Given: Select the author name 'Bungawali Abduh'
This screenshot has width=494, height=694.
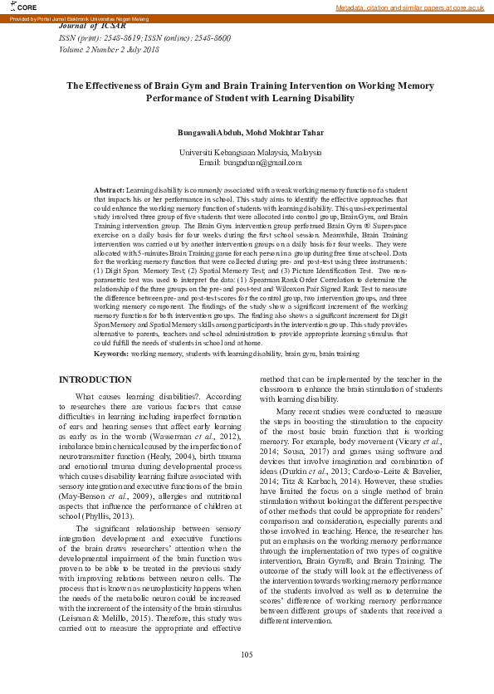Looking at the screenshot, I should pos(209,133).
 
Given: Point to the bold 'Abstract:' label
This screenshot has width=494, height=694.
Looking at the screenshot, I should pos(110,191).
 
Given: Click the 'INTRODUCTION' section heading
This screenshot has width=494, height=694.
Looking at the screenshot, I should pos(95,379).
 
